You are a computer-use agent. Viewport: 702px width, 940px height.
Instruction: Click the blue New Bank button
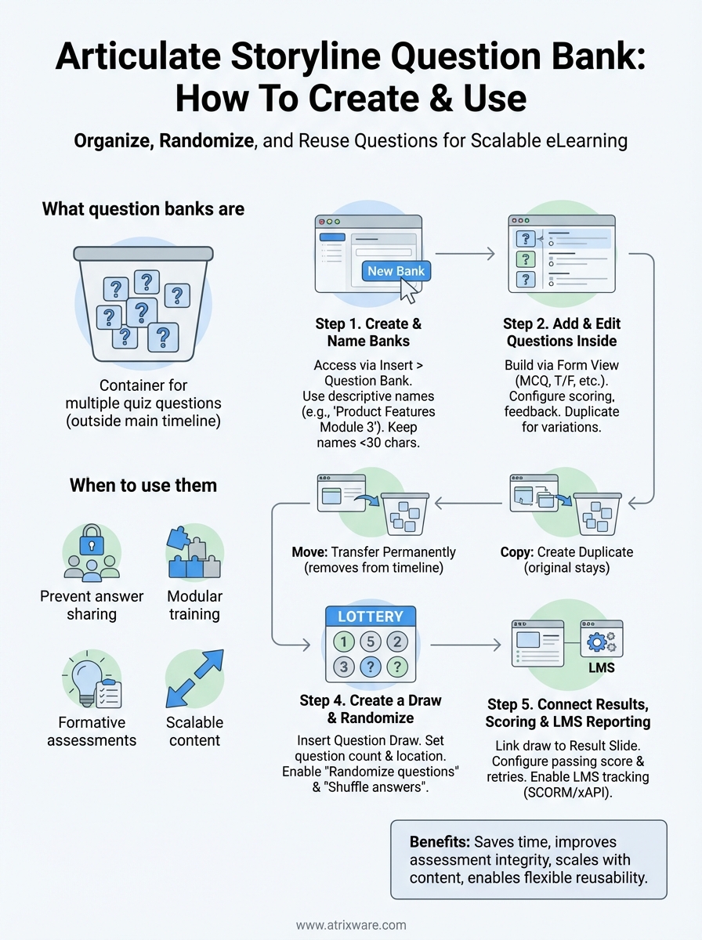pos(396,271)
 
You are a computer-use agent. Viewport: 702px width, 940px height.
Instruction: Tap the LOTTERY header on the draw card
pos(370,616)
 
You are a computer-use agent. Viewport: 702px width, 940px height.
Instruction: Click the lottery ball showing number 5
pos(370,642)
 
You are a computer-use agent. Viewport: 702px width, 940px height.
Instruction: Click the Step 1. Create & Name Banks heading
pos(367,332)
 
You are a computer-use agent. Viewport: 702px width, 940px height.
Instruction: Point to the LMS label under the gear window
pos(600,669)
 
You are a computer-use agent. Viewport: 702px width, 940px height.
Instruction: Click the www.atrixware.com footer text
pos(350,925)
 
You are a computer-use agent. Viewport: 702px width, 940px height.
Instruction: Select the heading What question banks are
pos(143,209)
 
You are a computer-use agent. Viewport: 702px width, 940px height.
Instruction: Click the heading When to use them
pos(143,486)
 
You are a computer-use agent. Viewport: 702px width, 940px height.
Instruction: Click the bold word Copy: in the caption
pos(518,551)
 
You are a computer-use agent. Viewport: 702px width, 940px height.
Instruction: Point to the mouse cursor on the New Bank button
pos(409,291)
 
